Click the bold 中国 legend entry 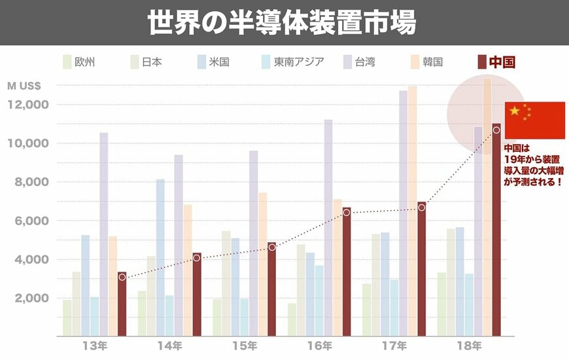496,62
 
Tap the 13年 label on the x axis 95,346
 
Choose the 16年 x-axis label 319,346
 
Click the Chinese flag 534,120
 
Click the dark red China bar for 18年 496,229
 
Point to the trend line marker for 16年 347,212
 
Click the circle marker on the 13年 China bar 122,277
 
